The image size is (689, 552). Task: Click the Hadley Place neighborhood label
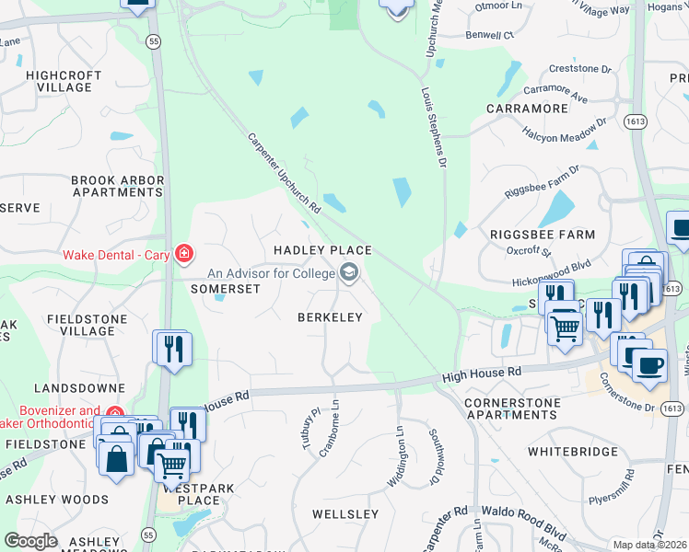[x=322, y=250]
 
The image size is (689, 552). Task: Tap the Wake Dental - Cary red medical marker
[x=184, y=253]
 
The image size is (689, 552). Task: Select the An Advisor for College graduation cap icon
[x=349, y=271]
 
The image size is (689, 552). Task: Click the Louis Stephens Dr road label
[x=434, y=129]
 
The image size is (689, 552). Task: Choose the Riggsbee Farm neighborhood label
[x=542, y=235]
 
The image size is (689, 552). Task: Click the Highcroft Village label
[x=59, y=81]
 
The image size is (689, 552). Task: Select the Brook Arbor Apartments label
[x=117, y=187]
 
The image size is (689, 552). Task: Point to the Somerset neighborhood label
[x=225, y=288]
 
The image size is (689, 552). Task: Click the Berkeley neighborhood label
[x=329, y=316]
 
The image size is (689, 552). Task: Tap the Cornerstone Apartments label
[x=511, y=408]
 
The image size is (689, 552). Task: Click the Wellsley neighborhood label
[x=345, y=513]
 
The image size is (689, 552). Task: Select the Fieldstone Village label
[x=80, y=324]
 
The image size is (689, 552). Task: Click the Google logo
[x=30, y=541]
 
